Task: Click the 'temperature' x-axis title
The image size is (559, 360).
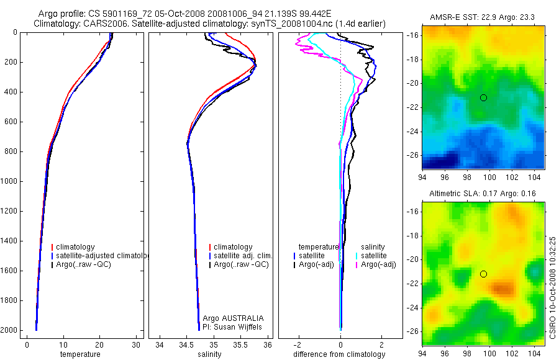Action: click(80, 354)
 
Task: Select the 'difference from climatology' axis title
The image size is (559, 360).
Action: click(339, 354)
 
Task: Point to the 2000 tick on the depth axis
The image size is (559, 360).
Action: click(11, 330)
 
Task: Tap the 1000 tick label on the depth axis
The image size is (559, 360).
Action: click(11, 181)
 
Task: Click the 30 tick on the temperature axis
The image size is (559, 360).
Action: click(136, 345)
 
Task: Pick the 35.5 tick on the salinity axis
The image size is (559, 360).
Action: click(241, 345)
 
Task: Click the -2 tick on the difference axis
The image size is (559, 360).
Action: click(299, 345)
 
